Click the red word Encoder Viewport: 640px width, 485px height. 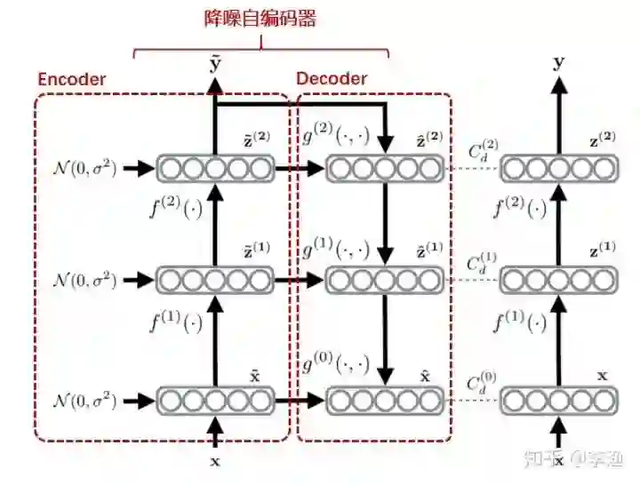click(x=71, y=79)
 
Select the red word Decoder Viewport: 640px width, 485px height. click(x=332, y=79)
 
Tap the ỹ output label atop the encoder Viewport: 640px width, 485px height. click(x=214, y=64)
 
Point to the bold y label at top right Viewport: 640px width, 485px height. click(x=558, y=62)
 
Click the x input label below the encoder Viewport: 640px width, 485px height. click(x=214, y=461)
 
